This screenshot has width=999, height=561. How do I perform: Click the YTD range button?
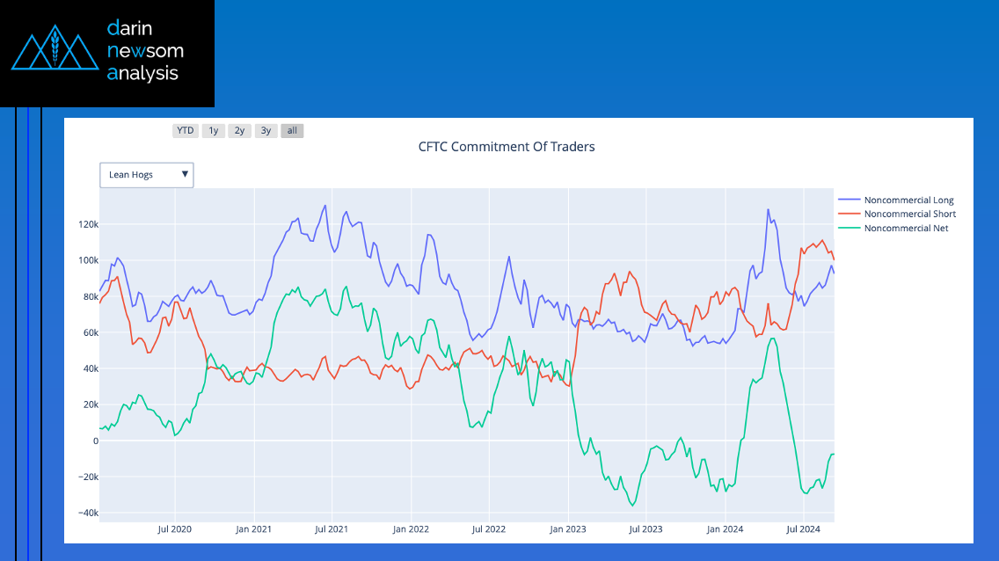[186, 130]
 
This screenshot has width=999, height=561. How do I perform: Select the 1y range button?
[214, 130]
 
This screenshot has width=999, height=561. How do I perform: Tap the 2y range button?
[239, 130]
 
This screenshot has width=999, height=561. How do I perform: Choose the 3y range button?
[266, 130]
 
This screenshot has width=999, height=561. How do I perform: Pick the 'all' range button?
[292, 130]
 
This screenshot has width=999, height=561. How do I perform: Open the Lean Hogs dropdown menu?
[147, 174]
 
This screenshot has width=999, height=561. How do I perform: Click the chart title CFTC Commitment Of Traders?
[507, 147]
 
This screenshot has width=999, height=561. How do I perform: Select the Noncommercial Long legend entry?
[896, 200]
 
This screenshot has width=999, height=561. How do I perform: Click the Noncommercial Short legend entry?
[897, 214]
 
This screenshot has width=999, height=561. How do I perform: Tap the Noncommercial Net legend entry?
[893, 228]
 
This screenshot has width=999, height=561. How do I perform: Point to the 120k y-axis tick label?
[89, 224]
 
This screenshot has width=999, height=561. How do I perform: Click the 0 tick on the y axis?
[96, 441]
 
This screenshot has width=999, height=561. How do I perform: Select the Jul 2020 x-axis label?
[175, 529]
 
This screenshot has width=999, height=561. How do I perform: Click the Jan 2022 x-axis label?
[411, 529]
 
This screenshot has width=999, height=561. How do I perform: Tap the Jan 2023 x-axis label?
[568, 529]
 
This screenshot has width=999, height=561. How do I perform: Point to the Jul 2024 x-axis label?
[804, 529]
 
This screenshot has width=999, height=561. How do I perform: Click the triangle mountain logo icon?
[55, 47]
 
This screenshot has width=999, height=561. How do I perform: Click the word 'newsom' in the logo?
[145, 50]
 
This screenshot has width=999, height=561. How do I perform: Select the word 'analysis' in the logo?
[142, 73]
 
